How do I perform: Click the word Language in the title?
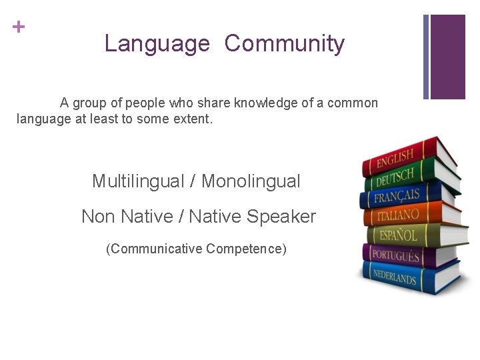click(x=157, y=44)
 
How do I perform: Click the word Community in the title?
click(x=285, y=44)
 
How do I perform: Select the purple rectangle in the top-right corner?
click(x=447, y=57)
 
